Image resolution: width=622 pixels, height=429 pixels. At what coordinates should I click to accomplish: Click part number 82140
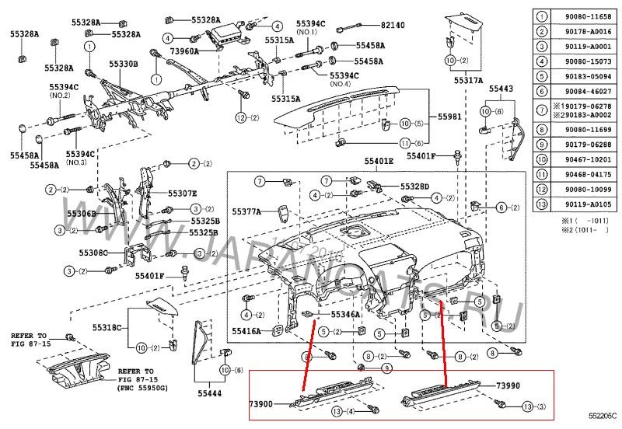392,26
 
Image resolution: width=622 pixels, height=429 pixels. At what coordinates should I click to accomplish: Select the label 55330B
123,65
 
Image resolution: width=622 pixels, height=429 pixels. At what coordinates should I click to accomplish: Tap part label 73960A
185,51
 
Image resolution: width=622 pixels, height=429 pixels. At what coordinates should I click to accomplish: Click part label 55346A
345,315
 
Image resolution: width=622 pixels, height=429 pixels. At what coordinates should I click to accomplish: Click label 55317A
469,80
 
